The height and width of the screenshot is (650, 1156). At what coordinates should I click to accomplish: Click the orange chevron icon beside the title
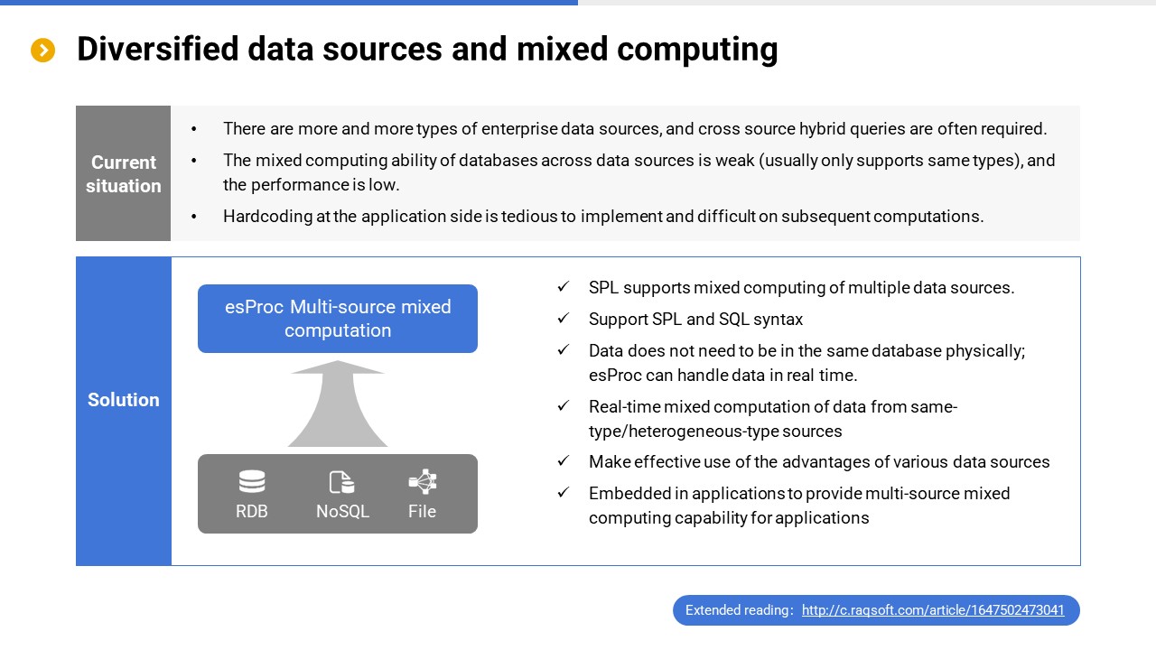(x=42, y=50)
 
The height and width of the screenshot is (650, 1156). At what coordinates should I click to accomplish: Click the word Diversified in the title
(x=158, y=49)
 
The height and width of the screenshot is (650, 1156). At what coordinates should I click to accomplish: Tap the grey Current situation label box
(x=124, y=173)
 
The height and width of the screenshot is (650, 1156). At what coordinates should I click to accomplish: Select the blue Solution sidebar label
(x=124, y=400)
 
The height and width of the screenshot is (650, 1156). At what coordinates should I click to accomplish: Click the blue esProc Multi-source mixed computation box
(x=338, y=319)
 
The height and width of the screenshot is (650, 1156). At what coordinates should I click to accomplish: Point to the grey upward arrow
(x=338, y=404)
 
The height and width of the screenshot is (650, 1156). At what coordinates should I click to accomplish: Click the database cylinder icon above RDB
(x=252, y=482)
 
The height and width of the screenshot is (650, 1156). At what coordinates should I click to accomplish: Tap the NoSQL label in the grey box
(x=342, y=511)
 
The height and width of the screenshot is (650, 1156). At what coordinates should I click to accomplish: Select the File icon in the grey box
(x=423, y=482)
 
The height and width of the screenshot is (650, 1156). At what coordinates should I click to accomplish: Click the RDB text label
(x=252, y=511)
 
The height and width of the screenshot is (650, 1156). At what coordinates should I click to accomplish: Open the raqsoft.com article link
(x=933, y=610)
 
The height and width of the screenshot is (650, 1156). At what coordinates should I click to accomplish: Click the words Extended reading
(x=737, y=610)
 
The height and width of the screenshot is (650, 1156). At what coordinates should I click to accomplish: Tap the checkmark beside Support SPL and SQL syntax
(x=563, y=319)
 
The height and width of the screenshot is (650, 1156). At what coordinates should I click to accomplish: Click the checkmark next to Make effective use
(x=563, y=460)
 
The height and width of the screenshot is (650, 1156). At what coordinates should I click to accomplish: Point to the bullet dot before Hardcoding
(x=194, y=217)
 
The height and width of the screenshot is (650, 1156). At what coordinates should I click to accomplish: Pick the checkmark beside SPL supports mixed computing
(x=563, y=287)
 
